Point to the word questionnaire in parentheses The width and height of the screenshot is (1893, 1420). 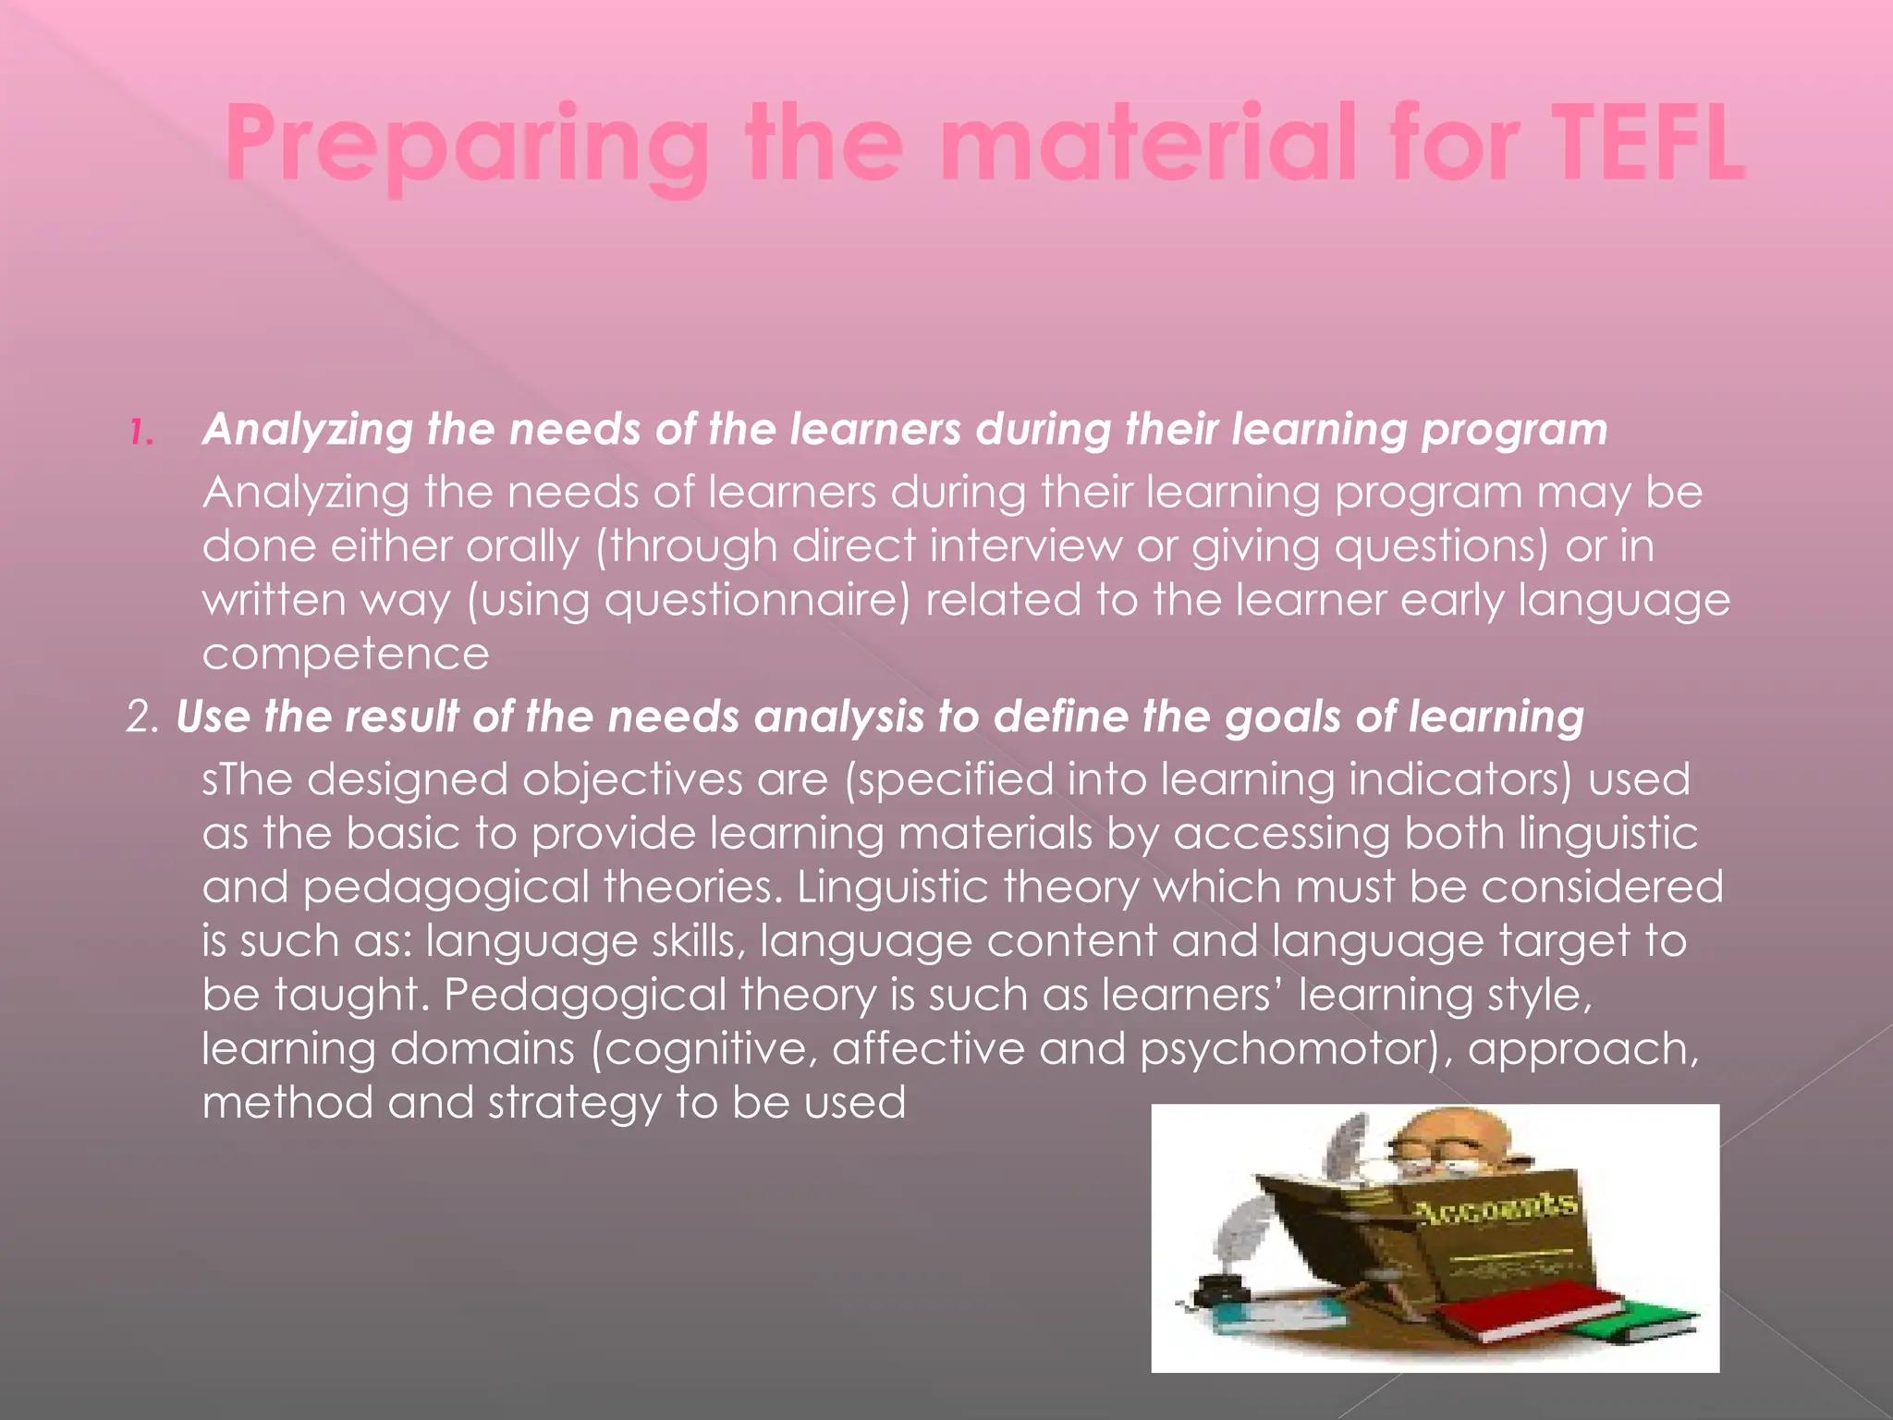(757, 601)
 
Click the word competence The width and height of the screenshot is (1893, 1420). (346, 655)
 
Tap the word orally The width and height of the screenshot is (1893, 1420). (522, 547)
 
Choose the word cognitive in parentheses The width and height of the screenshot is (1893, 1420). (711, 1050)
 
